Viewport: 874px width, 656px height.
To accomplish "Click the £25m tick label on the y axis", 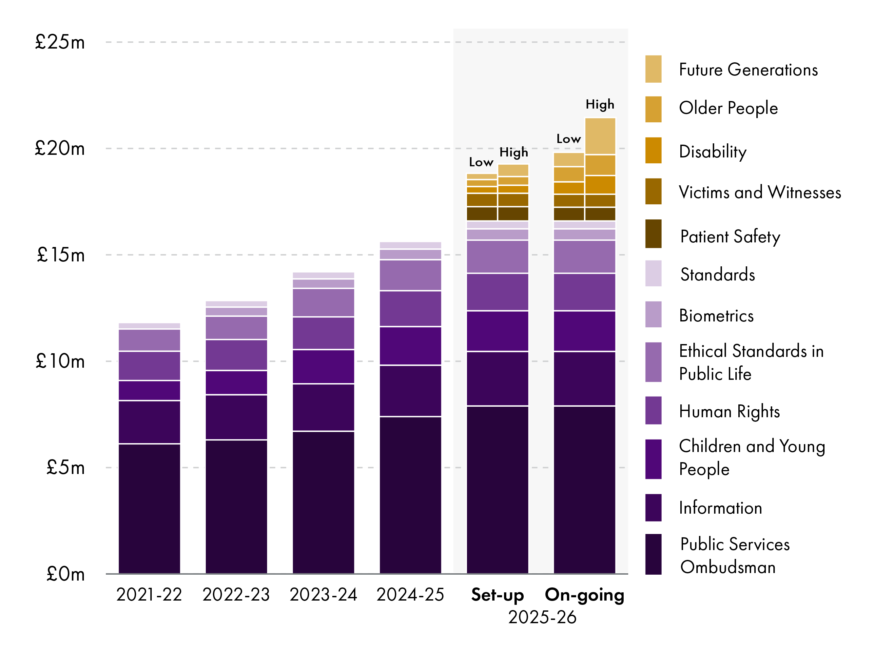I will coord(60,42).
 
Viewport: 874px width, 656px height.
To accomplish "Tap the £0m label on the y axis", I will coord(65,574).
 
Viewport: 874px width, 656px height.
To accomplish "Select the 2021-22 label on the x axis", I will coord(149,594).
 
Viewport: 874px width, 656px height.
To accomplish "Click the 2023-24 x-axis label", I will coord(323,594).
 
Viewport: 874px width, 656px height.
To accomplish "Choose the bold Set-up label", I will coord(497,594).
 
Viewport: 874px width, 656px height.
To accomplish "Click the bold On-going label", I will coord(584,594).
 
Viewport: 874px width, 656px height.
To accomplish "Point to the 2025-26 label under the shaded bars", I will coord(542,617).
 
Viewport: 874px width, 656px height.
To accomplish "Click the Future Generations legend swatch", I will coord(653,69).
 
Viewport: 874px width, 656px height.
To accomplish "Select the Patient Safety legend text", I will coord(730,236).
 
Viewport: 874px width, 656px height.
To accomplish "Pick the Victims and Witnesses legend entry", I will coord(759,192).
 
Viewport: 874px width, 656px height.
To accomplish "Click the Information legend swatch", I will coord(653,507).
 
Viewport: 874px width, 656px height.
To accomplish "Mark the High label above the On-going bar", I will coord(600,104).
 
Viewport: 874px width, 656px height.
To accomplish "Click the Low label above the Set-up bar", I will coord(481,162).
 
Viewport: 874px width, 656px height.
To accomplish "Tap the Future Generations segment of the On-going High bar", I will coord(600,136).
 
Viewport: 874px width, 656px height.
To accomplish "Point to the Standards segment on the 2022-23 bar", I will coord(236,304).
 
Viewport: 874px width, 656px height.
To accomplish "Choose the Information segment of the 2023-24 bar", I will coord(323,407).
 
